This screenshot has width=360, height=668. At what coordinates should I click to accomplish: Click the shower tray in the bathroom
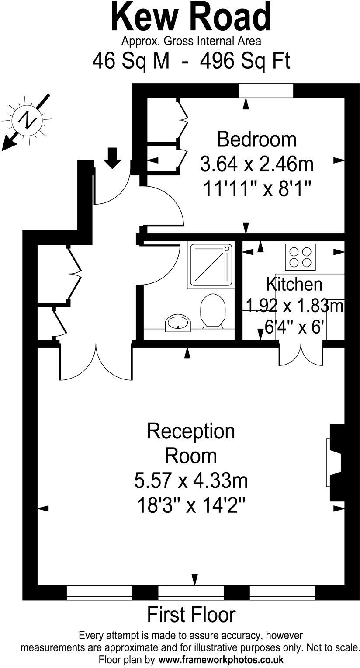pyautogui.click(x=210, y=265)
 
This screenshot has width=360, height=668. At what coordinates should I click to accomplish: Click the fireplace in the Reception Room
pyautogui.click(x=335, y=463)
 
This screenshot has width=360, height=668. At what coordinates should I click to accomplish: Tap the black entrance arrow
pyautogui.click(x=113, y=158)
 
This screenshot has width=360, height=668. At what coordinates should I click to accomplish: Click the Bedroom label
pyautogui.click(x=256, y=139)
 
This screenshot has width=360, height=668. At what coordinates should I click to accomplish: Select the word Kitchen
pyautogui.click(x=294, y=284)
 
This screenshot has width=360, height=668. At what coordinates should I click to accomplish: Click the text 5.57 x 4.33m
pyautogui.click(x=191, y=481)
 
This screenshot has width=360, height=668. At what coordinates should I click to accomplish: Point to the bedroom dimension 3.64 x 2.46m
pyautogui.click(x=256, y=164)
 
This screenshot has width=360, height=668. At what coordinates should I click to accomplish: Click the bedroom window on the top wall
pyautogui.click(x=266, y=90)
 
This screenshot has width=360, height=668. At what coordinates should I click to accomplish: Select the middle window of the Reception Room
pyautogui.click(x=191, y=592)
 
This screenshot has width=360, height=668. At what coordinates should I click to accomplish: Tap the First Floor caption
pyautogui.click(x=191, y=615)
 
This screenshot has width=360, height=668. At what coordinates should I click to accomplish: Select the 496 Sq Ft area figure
pyautogui.click(x=245, y=61)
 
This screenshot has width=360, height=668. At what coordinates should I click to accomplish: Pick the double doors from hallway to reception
pyautogui.click(x=96, y=362)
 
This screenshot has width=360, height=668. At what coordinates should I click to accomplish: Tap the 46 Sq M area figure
pyautogui.click(x=131, y=61)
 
